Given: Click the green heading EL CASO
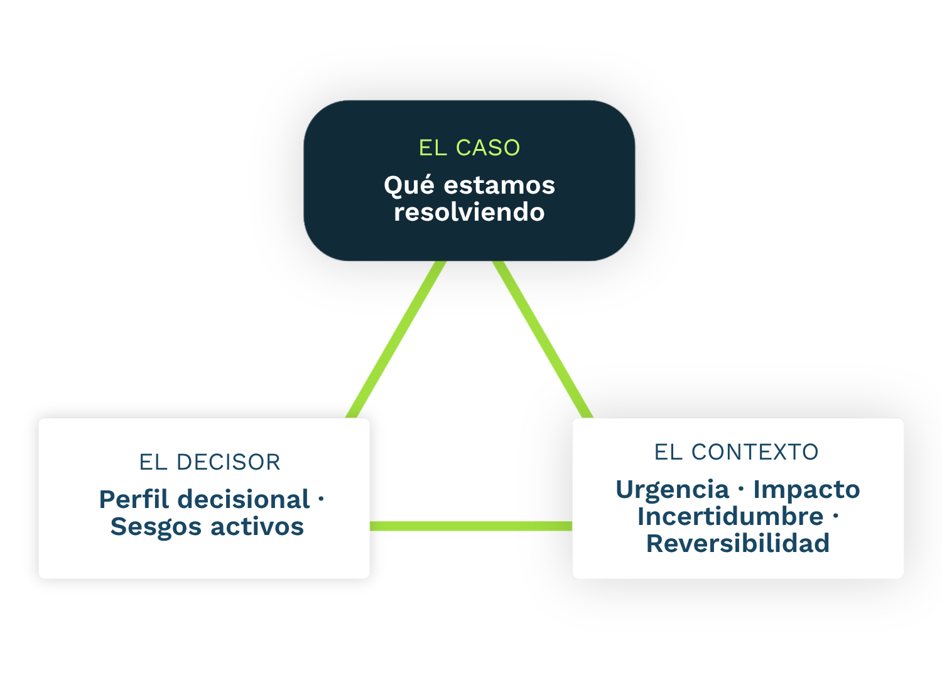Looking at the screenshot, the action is point(469,148).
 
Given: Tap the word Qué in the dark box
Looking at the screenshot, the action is point(409,185).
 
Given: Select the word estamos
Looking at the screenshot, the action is point(500,185).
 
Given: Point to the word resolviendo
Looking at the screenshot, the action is point(469,212).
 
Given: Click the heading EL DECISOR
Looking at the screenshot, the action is point(210,462).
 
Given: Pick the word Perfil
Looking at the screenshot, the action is point(134,499).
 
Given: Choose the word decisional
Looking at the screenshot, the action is point(244,499).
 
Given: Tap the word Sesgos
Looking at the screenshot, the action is point(156,527).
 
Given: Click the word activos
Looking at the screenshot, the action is point(257,527).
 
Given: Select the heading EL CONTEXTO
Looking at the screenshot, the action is point(737,452).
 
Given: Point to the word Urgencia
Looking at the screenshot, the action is point(673,490).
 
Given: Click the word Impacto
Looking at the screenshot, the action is point(806,490).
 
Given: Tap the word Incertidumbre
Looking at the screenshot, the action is point(730,517).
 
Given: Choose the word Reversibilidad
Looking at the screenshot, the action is point(738,543).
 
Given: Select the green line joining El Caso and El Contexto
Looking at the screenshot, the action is point(543,339).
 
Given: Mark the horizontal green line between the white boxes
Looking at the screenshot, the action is point(471,526).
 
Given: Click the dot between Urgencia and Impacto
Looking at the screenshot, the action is point(741,489).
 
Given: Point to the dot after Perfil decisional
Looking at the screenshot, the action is point(322,499).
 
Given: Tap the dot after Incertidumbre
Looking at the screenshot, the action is point(836,516).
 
